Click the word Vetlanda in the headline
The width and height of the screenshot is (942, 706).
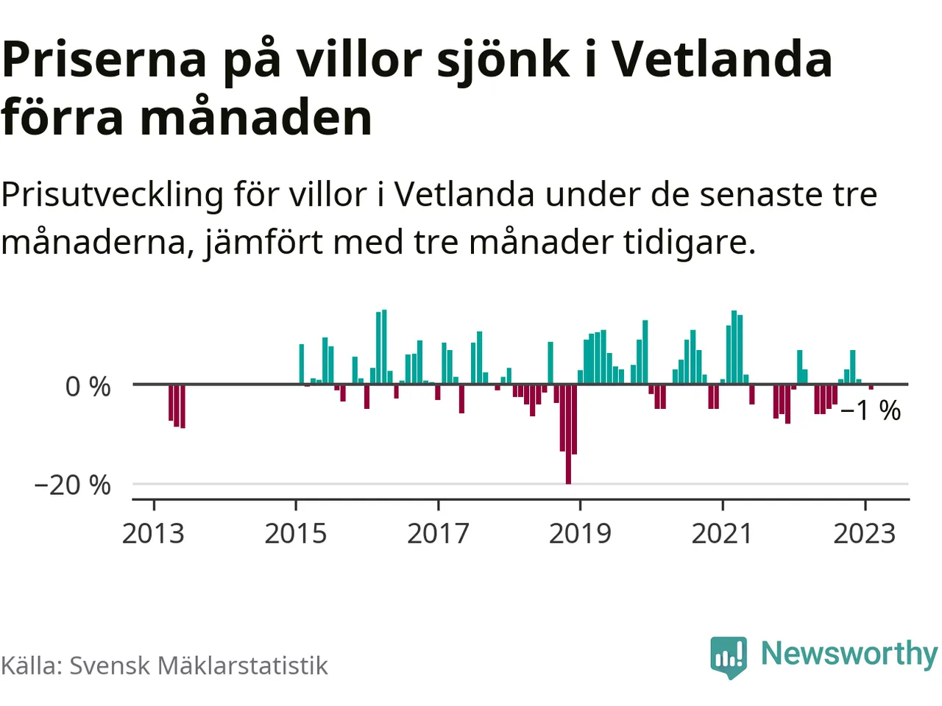click(x=722, y=59)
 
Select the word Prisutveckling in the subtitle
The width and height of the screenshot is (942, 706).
click(x=112, y=196)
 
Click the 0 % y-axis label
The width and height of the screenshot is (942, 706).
click(x=88, y=386)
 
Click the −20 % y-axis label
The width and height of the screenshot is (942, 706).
click(x=72, y=485)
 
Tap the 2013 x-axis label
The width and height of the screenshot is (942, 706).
click(x=153, y=533)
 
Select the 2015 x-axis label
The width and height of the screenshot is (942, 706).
click(x=295, y=533)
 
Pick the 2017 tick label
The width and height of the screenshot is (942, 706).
click(x=438, y=533)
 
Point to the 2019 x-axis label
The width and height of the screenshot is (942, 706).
click(x=580, y=533)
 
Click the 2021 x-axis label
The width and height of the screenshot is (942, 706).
click(x=722, y=533)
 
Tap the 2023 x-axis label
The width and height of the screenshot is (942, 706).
click(x=864, y=533)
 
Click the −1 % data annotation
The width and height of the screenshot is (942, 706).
click(x=870, y=410)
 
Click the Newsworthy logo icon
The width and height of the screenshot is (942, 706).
click(x=729, y=656)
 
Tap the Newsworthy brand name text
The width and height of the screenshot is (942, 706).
click(x=849, y=653)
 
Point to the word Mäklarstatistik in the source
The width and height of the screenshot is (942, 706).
click(x=243, y=666)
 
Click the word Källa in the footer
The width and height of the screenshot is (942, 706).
click(x=32, y=666)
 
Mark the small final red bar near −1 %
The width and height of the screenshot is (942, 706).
click(x=871, y=387)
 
